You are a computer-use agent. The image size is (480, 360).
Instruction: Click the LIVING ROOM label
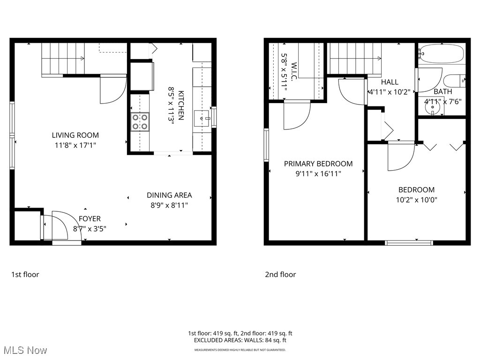75,135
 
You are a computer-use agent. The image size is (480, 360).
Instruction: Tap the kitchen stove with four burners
140,122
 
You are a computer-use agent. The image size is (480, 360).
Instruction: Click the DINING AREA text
169,195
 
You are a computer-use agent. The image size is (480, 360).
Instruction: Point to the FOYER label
90,218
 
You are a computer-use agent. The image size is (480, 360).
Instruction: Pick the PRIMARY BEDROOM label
318,164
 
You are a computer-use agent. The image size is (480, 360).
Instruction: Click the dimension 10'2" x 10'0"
416,200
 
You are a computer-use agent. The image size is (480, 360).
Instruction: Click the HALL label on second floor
390,82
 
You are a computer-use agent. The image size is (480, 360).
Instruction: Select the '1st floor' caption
25,274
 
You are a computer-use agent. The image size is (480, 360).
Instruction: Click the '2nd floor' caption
280,274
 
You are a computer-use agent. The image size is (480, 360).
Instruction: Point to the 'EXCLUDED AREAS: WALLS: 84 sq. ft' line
240,340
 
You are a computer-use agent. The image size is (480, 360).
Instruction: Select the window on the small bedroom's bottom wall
409,242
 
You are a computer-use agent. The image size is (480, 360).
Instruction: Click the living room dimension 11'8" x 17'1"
75,145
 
